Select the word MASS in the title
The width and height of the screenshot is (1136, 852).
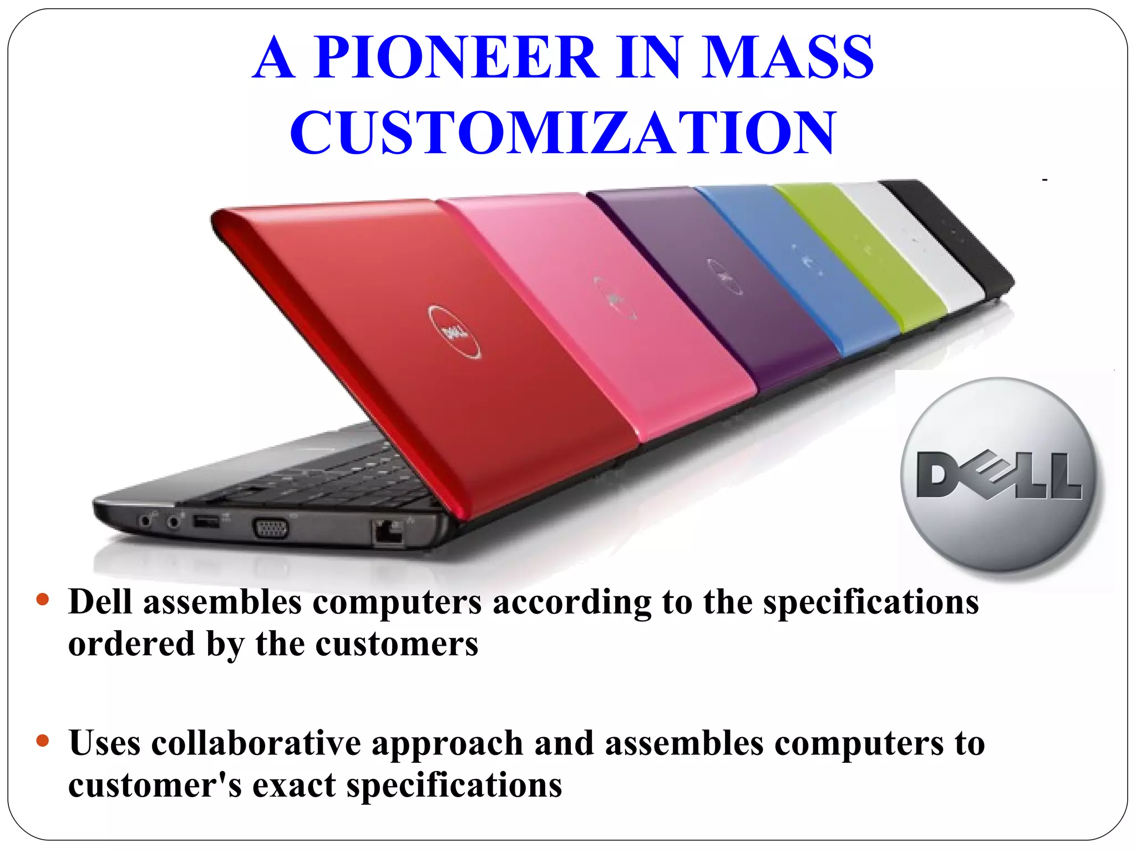tap(787, 57)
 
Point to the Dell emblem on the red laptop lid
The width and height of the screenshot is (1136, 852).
tap(454, 332)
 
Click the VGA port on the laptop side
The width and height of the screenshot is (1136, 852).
tap(271, 528)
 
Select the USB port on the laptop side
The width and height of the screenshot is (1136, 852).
tap(206, 521)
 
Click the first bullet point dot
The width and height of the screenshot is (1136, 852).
tap(43, 600)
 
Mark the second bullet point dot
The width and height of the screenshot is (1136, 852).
tap(43, 741)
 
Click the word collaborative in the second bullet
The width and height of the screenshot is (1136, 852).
tap(256, 743)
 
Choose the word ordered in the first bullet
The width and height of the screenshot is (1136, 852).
tap(131, 645)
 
